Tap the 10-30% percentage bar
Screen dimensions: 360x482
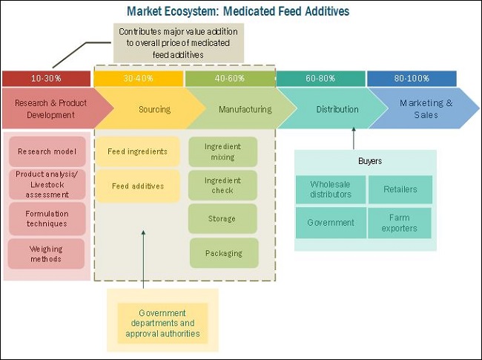(x=46, y=78)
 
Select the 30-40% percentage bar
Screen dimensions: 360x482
(x=138, y=78)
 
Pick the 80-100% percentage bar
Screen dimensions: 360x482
(x=412, y=78)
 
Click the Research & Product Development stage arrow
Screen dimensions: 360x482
(x=48, y=109)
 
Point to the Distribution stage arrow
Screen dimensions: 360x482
(x=337, y=109)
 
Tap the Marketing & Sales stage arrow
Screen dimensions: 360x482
(x=426, y=109)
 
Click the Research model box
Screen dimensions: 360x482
(x=47, y=151)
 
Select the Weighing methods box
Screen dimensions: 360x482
(x=47, y=254)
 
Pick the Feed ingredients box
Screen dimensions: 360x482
(x=137, y=151)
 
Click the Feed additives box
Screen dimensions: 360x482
(x=137, y=186)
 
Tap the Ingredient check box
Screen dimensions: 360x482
(x=222, y=186)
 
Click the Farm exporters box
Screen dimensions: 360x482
(x=400, y=223)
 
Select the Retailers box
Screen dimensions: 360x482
(x=400, y=189)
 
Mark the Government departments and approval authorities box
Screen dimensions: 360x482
(x=162, y=323)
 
